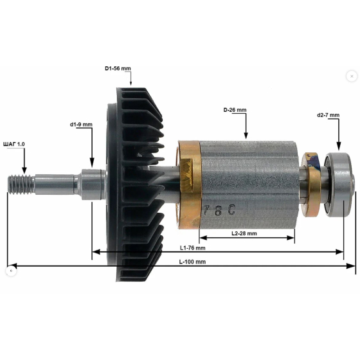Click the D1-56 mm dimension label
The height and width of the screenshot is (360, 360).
[x=118, y=68]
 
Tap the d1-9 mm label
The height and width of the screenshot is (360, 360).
[x=81, y=125]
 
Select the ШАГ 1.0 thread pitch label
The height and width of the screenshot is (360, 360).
[x=14, y=144]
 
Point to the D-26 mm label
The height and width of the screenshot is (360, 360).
[x=235, y=110]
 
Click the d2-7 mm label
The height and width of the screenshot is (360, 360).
[x=328, y=115]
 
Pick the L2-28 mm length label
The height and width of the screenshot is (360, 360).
[x=244, y=233]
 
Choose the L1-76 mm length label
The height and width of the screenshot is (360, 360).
[x=192, y=248]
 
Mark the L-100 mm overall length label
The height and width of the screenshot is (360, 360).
[x=192, y=262]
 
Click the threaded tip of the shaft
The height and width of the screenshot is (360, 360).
[x=21, y=184]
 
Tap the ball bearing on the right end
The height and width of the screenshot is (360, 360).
[x=339, y=185]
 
